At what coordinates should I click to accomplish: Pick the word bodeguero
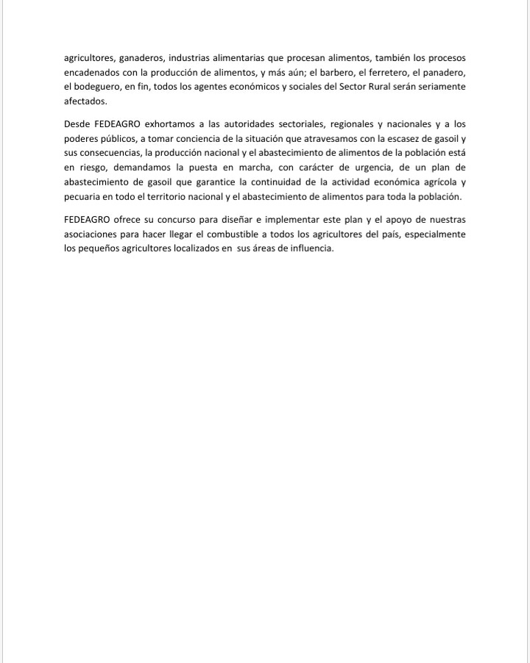tap(92, 87)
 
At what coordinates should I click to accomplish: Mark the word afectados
tap(85, 102)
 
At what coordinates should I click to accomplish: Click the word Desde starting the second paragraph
tap(77, 124)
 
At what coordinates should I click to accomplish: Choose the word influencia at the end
tap(313, 250)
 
